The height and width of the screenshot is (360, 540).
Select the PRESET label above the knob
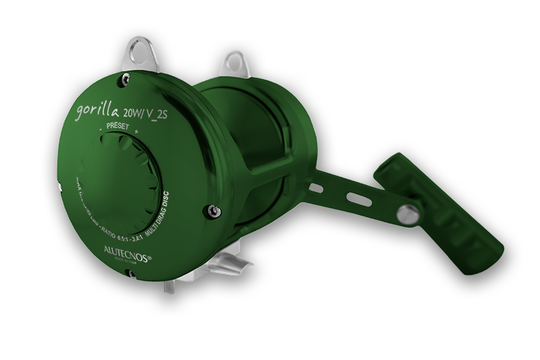[116, 124]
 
